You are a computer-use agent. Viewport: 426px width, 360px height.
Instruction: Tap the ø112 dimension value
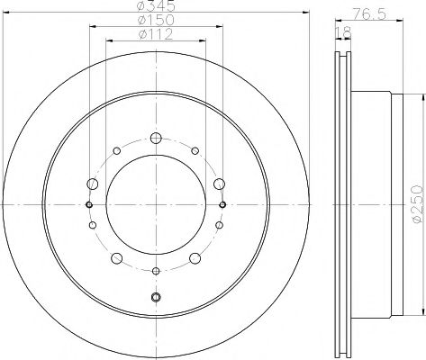click(x=156, y=36)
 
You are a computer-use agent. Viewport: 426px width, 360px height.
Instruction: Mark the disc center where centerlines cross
click(x=156, y=204)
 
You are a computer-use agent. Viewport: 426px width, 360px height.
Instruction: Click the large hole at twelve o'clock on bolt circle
click(x=156, y=138)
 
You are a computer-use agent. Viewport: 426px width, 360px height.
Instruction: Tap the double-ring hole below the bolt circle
click(x=156, y=297)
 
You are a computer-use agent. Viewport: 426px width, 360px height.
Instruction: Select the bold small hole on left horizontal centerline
click(x=89, y=204)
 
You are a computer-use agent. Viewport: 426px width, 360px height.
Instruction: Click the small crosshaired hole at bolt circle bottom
click(x=156, y=271)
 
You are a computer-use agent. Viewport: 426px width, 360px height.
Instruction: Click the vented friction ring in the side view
click(x=343, y=204)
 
